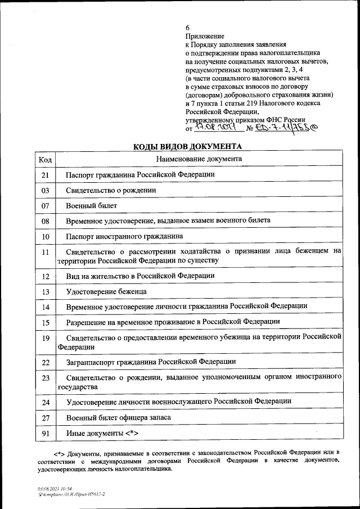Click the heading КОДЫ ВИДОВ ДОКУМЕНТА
pos(187,147)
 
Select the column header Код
pos(45,159)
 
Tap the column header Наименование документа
pos(200,159)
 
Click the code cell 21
pos(45,175)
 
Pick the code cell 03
pos(45,191)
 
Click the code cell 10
pos(45,236)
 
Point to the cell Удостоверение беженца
pos(106,291)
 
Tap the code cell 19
pos(45,337)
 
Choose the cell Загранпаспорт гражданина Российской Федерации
pos(151,362)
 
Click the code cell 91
pos(45,433)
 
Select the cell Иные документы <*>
pos(102,433)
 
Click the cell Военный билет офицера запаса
pos(118,417)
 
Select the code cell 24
pos(45,402)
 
